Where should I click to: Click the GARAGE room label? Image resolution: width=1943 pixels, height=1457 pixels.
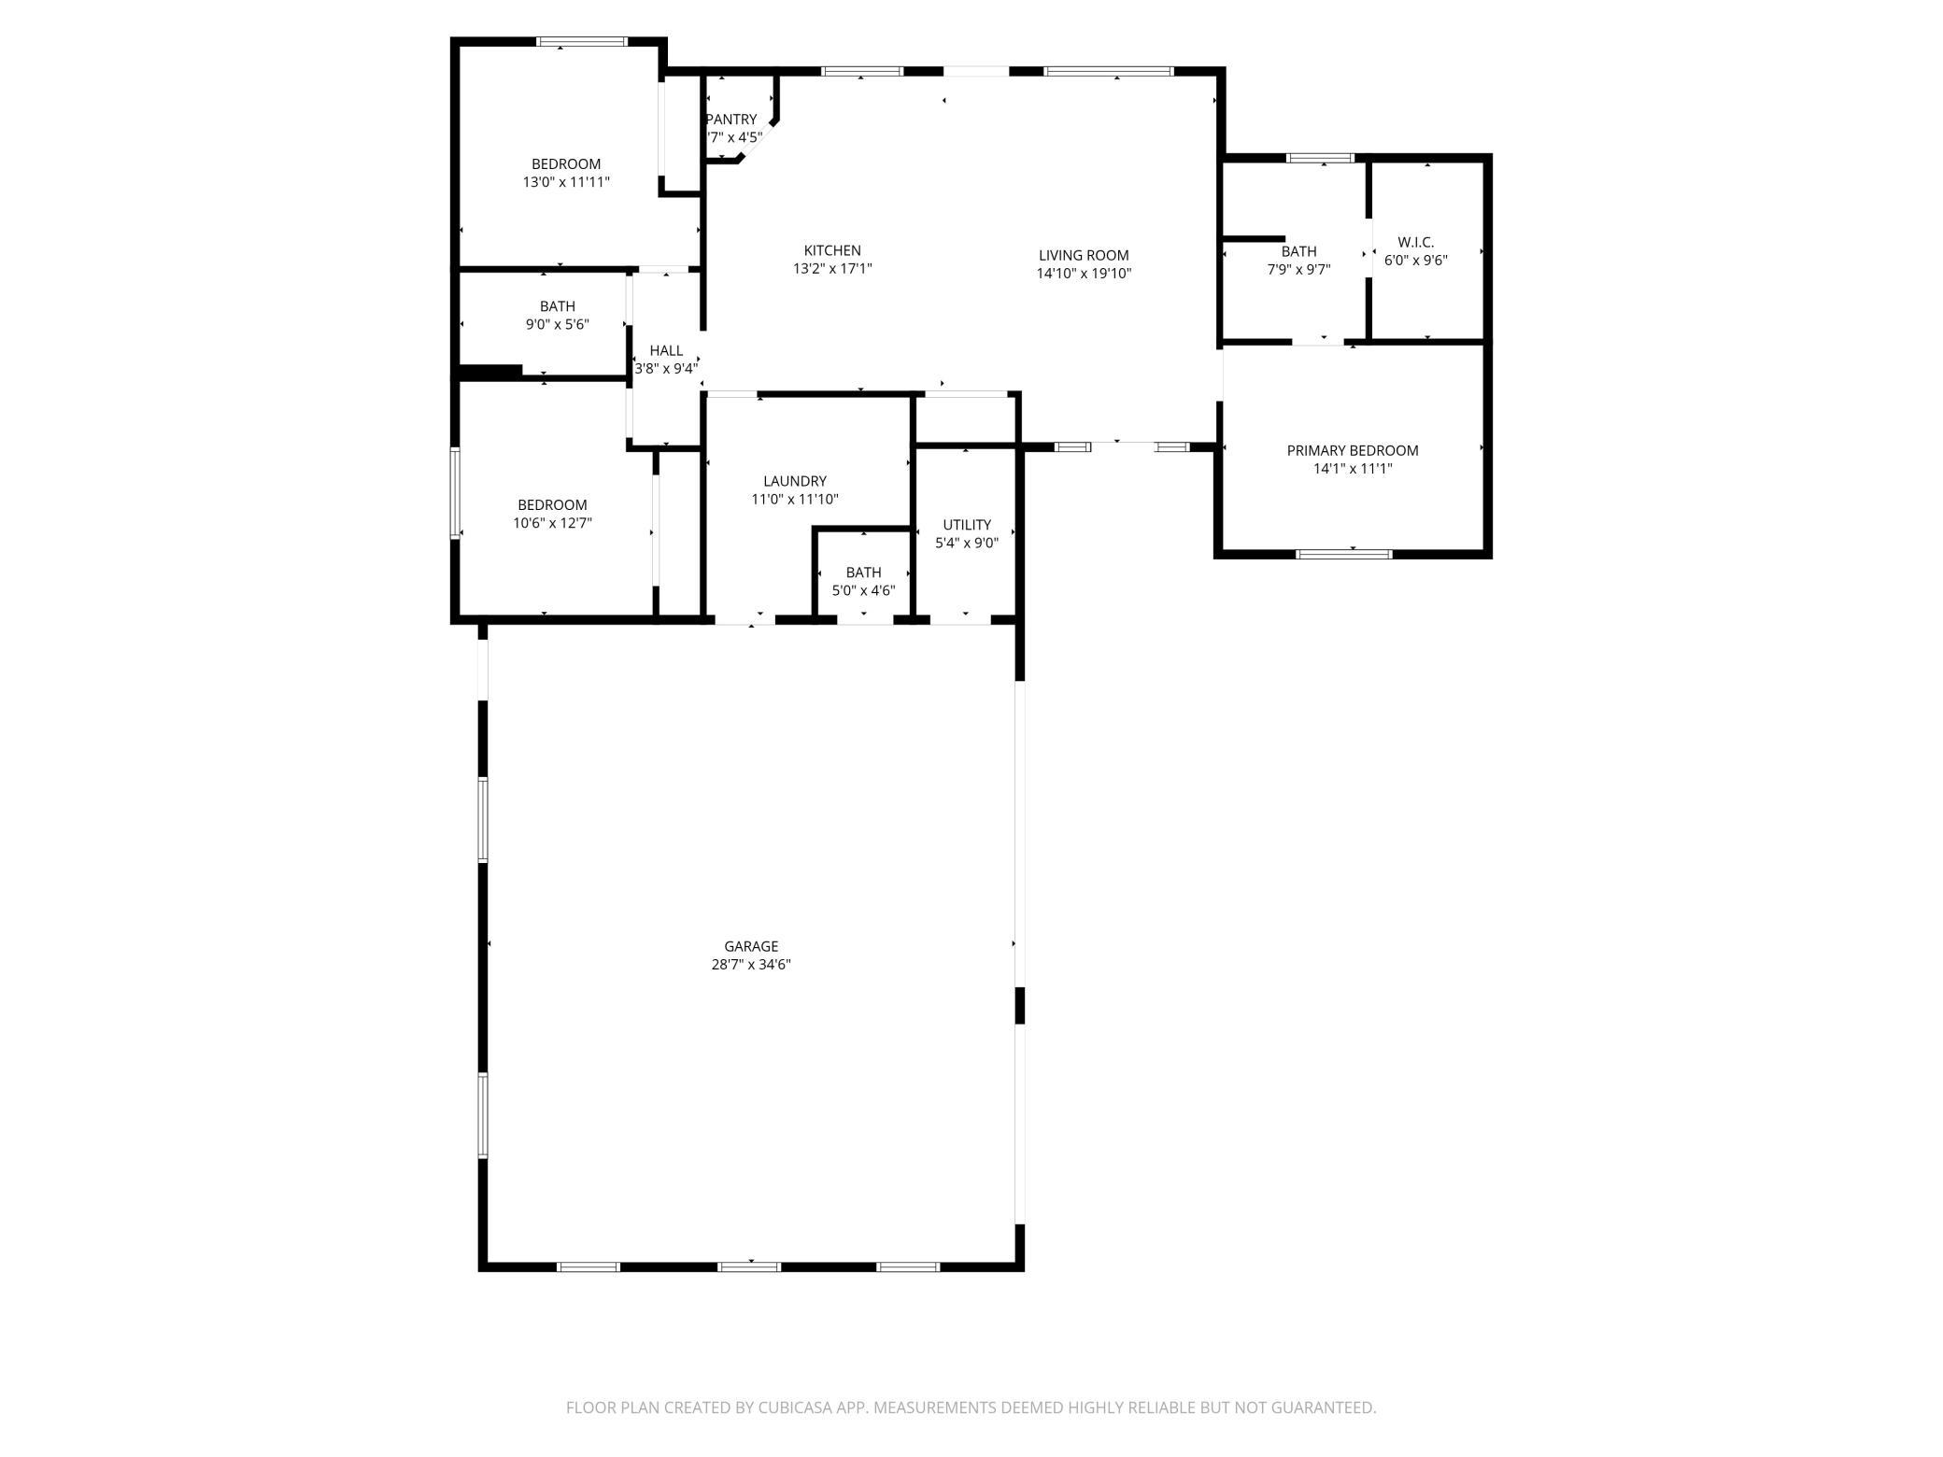pyautogui.click(x=750, y=946)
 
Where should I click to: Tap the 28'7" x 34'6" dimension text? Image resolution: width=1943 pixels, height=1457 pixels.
pyautogui.click(x=750, y=965)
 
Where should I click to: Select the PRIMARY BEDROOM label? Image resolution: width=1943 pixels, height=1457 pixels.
pyautogui.click(x=1352, y=450)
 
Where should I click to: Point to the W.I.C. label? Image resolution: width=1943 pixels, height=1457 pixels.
pyautogui.click(x=1415, y=242)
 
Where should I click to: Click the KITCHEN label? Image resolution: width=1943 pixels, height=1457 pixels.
pyautogui.click(x=831, y=250)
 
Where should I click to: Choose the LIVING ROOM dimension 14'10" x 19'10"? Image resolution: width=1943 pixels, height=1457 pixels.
pyautogui.click(x=1084, y=274)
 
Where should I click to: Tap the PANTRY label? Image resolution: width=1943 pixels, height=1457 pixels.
pyautogui.click(x=731, y=120)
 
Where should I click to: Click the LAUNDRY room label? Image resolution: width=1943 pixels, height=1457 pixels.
pyautogui.click(x=794, y=481)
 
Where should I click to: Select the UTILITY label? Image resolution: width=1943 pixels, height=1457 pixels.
pyautogui.click(x=966, y=525)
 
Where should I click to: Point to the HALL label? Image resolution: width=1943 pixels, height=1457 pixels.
pyautogui.click(x=666, y=350)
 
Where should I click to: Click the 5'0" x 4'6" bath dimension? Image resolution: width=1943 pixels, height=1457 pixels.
pyautogui.click(x=863, y=590)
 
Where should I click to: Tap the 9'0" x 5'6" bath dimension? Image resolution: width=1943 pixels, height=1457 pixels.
pyautogui.click(x=557, y=324)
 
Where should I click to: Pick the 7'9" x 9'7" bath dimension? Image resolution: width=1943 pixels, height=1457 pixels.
pyautogui.click(x=1298, y=269)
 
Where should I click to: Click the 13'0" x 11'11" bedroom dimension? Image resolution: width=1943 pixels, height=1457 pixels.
pyautogui.click(x=566, y=182)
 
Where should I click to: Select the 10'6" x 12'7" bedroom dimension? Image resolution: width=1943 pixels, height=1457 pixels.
pyautogui.click(x=552, y=523)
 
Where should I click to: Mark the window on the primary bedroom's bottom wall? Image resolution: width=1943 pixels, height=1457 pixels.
pyautogui.click(x=1343, y=554)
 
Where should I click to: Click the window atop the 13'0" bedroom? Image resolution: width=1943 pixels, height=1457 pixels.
pyautogui.click(x=581, y=41)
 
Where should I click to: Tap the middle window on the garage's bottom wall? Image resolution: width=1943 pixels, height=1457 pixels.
pyautogui.click(x=748, y=1266)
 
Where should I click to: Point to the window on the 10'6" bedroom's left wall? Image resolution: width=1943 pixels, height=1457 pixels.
pyautogui.click(x=456, y=492)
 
